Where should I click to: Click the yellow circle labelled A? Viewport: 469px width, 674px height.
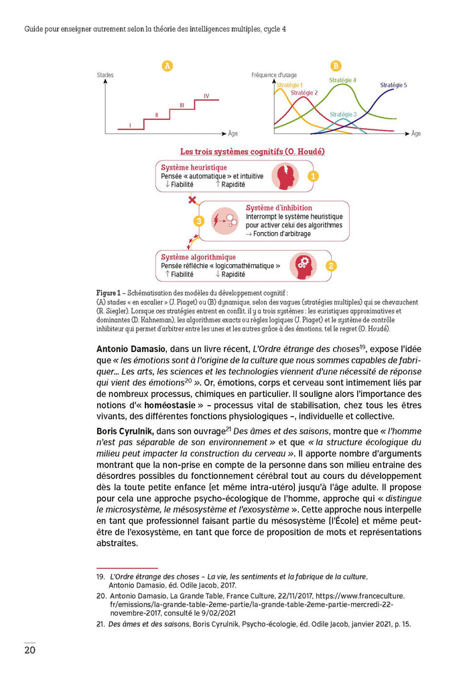point(167,66)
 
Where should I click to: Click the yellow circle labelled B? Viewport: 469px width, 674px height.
point(336,66)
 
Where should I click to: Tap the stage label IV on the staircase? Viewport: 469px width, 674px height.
point(206,96)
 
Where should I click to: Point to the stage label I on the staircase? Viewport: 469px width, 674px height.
point(130,125)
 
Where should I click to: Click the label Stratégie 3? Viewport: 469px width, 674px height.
point(343,115)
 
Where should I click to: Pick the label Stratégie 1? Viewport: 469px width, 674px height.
point(289,85)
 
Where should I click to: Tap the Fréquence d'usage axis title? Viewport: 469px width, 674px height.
point(274,74)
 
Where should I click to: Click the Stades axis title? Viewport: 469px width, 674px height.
point(106,74)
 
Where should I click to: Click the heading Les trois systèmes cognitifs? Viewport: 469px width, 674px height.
point(253,152)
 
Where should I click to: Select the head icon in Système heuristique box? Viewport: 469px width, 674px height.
point(285,176)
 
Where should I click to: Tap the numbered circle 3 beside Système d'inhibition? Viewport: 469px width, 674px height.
point(198,221)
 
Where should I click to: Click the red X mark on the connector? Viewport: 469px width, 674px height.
point(192,200)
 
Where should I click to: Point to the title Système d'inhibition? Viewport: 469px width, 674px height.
point(279,208)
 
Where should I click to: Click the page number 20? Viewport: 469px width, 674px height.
point(30,650)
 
